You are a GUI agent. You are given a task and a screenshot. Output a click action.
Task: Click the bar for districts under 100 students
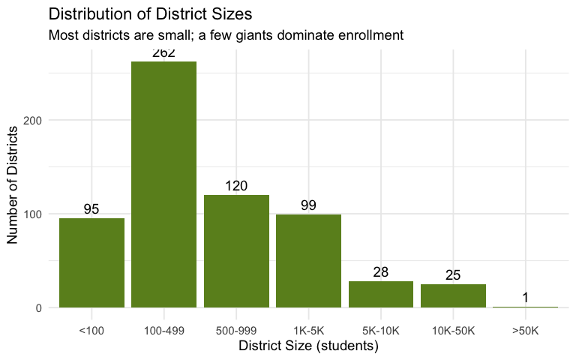91,262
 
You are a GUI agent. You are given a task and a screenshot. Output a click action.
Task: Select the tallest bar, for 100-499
163,184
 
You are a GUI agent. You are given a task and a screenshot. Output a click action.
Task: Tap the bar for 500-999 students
236,251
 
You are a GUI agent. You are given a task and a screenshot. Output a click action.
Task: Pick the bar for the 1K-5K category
308,261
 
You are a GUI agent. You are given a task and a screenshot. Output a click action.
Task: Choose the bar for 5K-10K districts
381,295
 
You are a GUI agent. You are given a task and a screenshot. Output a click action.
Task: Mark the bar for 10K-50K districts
453,296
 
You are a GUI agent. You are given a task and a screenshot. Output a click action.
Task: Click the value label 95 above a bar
91,209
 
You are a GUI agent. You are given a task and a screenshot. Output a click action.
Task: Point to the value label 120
236,186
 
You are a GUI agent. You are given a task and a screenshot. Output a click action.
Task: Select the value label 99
308,205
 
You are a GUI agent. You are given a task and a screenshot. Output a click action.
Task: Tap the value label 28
381,272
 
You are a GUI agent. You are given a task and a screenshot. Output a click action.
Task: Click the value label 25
453,275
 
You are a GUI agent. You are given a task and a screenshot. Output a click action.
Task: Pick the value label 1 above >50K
525,298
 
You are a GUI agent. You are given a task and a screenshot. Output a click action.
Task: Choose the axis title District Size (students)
308,346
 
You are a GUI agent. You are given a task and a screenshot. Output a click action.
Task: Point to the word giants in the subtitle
254,35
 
